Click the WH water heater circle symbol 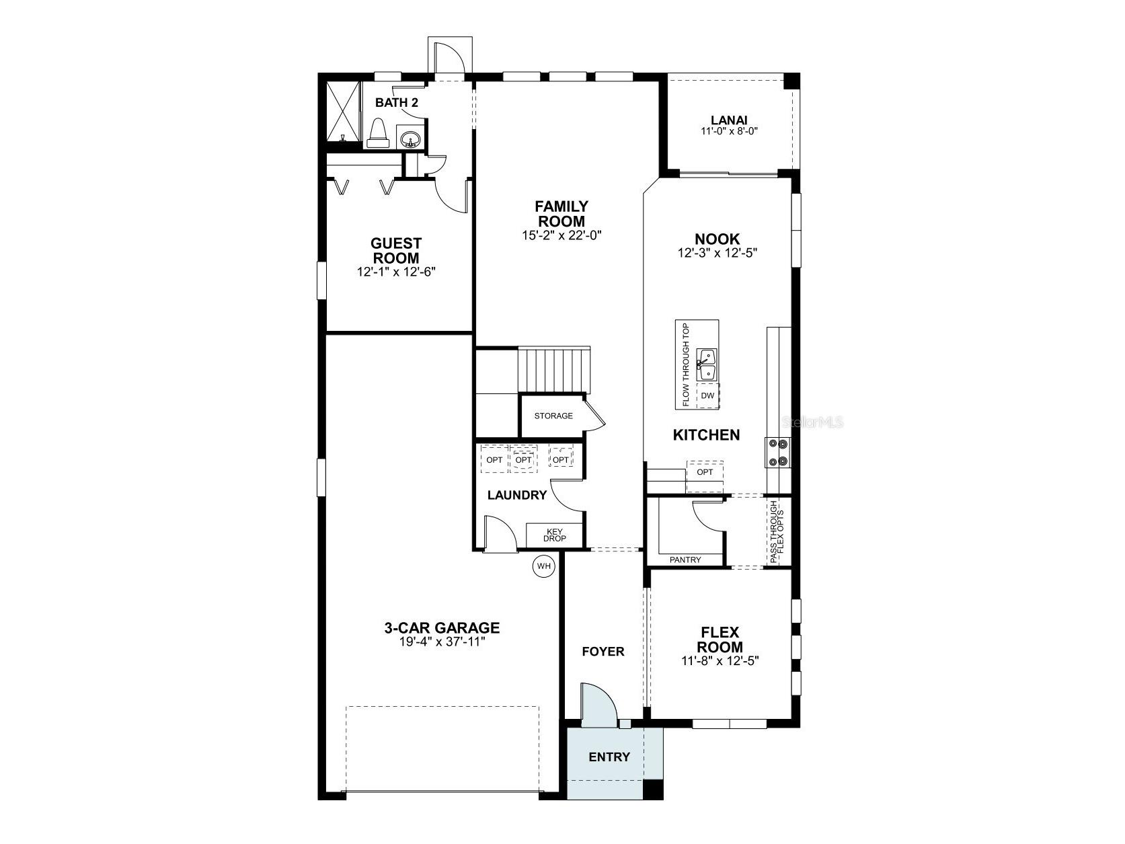(543, 566)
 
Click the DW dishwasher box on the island (707, 396)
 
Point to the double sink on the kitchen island (706, 365)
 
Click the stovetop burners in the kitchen (778, 453)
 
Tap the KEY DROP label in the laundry (555, 535)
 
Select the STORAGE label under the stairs (553, 416)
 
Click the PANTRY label (685, 560)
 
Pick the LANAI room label (729, 120)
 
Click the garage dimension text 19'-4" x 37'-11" (442, 642)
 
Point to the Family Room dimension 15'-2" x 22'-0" (561, 235)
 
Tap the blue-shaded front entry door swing (597, 706)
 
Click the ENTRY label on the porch (609, 757)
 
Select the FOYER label (603, 651)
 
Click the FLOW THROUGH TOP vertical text (686, 365)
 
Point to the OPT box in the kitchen (705, 472)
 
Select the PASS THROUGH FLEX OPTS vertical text (776, 531)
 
